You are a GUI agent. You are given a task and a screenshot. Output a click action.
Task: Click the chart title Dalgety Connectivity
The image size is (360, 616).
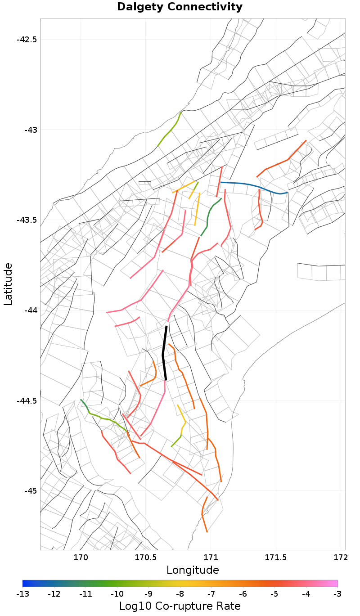(180, 7)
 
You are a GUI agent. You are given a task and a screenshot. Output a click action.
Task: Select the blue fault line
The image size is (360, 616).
(252, 185)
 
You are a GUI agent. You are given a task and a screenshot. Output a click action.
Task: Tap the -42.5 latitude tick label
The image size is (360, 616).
(27, 39)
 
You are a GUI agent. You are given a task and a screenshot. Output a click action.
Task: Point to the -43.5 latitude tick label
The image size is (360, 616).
(27, 220)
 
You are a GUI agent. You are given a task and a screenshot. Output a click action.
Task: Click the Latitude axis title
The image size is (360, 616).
(8, 284)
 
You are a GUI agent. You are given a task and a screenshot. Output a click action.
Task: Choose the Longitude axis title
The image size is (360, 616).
(193, 570)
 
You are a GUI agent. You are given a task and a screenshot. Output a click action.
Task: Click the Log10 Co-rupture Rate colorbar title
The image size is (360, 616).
(180, 606)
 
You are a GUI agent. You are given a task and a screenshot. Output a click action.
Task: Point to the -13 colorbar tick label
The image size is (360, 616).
(22, 594)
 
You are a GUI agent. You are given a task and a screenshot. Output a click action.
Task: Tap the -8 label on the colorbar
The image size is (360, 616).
(180, 594)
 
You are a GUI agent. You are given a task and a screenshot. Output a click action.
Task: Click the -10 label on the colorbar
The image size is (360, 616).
(117, 594)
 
